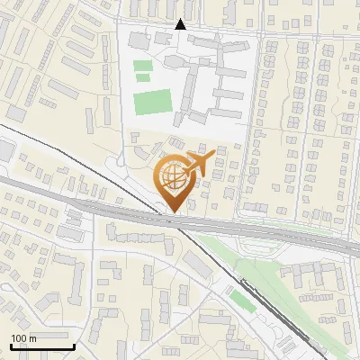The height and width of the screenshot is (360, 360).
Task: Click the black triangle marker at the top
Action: [180, 24]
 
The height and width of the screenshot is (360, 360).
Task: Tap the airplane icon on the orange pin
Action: [197, 165]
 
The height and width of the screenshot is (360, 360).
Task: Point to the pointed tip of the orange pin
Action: [172, 212]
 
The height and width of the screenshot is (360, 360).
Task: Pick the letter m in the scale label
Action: [32, 338]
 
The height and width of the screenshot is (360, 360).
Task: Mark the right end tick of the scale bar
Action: [74, 346]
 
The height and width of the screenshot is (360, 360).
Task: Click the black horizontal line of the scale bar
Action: [40, 346]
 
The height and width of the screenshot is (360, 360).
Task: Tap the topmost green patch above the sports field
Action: [142, 65]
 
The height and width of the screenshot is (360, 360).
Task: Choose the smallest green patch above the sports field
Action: [142, 78]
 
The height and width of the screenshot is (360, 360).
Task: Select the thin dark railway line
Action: [216, 270]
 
